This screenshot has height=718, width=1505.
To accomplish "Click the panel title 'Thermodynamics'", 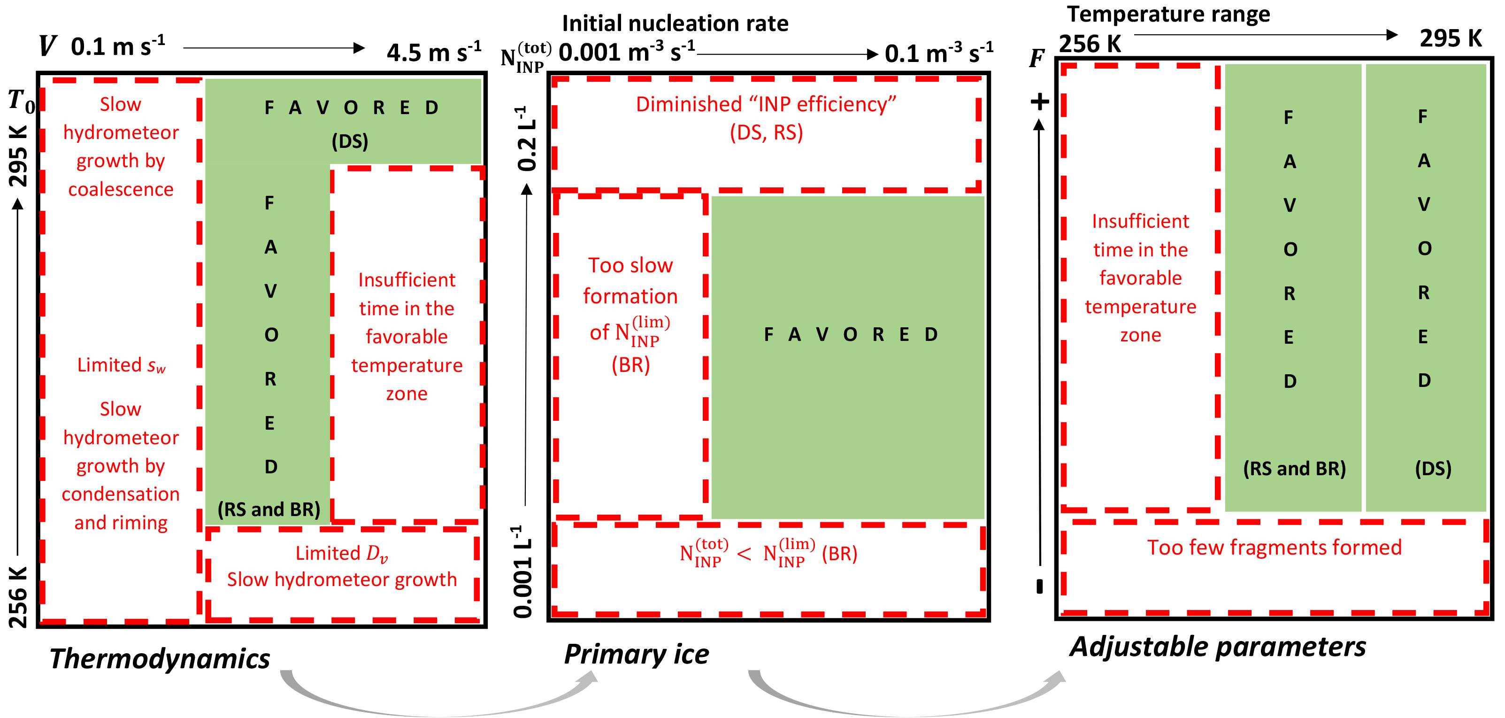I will (x=160, y=658).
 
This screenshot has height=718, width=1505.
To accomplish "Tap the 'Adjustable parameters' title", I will (x=1218, y=647).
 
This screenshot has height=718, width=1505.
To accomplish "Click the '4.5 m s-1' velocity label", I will (x=433, y=53).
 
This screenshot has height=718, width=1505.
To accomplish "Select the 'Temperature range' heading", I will (x=1168, y=14).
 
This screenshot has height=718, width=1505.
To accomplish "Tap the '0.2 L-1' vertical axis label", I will (x=526, y=139).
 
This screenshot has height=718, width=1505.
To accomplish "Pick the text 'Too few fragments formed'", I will (x=1274, y=548).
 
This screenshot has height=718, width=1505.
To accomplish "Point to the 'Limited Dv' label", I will (x=341, y=553).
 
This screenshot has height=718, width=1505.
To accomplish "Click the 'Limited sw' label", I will (x=122, y=365).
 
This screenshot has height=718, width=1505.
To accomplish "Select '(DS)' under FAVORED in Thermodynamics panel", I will (x=350, y=141).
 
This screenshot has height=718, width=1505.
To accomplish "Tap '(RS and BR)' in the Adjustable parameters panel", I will (x=1294, y=469).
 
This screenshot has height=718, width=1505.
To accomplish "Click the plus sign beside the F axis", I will (x=1039, y=102).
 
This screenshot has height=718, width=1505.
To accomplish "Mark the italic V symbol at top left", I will (x=47, y=46).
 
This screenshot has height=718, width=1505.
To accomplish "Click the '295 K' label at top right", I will (x=1451, y=39).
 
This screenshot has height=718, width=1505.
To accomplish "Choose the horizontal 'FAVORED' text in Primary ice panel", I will (x=850, y=334).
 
